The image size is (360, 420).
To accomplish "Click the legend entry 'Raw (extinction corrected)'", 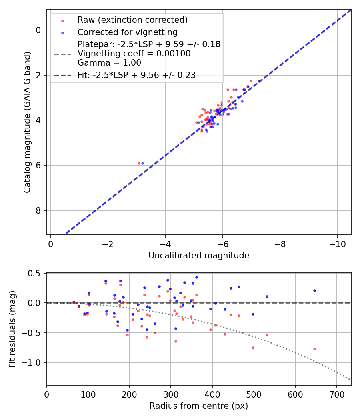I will click(132, 20).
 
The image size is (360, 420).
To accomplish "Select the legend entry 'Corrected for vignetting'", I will click(127, 32).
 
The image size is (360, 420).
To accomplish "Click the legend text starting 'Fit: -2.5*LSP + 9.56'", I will click(136, 75).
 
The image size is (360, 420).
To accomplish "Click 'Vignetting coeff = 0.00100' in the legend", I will click(134, 54).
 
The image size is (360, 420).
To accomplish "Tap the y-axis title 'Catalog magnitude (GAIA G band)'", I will click(27, 122).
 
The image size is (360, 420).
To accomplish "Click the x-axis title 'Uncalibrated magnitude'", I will click(199, 256).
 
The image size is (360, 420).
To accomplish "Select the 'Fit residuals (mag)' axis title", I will click(12, 329).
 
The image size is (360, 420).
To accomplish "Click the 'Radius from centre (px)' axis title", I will click(199, 406).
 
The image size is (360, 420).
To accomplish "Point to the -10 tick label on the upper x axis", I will click(337, 243).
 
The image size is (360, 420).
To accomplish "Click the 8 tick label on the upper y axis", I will click(39, 210).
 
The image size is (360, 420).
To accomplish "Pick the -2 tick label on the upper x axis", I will click(107, 243).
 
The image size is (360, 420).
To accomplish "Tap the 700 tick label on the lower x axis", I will click(337, 394).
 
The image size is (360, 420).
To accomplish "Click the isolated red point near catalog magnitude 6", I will click(139, 163).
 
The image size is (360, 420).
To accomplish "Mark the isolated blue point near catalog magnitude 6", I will click(142, 163).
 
